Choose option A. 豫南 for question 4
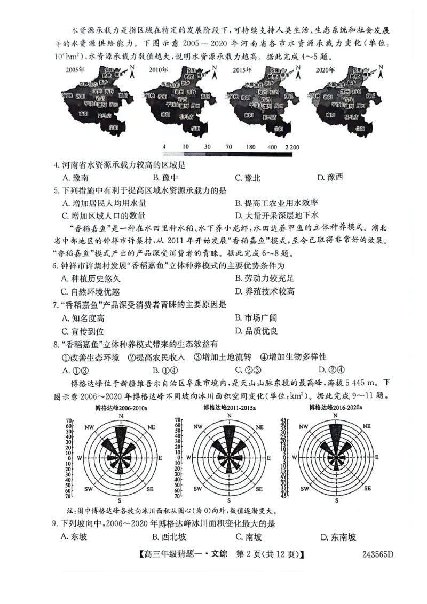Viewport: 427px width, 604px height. click(75, 178)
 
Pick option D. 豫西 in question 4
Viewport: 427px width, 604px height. click(330, 178)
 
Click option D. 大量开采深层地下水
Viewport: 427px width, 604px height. click(276, 216)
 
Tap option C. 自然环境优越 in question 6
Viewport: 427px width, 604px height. click(91, 291)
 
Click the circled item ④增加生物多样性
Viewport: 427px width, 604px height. click(293, 357)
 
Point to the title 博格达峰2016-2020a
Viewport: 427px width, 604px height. click(338, 408)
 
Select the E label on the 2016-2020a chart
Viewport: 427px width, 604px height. click(377, 458)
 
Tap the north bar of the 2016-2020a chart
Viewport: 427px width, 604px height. click(337, 435)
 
